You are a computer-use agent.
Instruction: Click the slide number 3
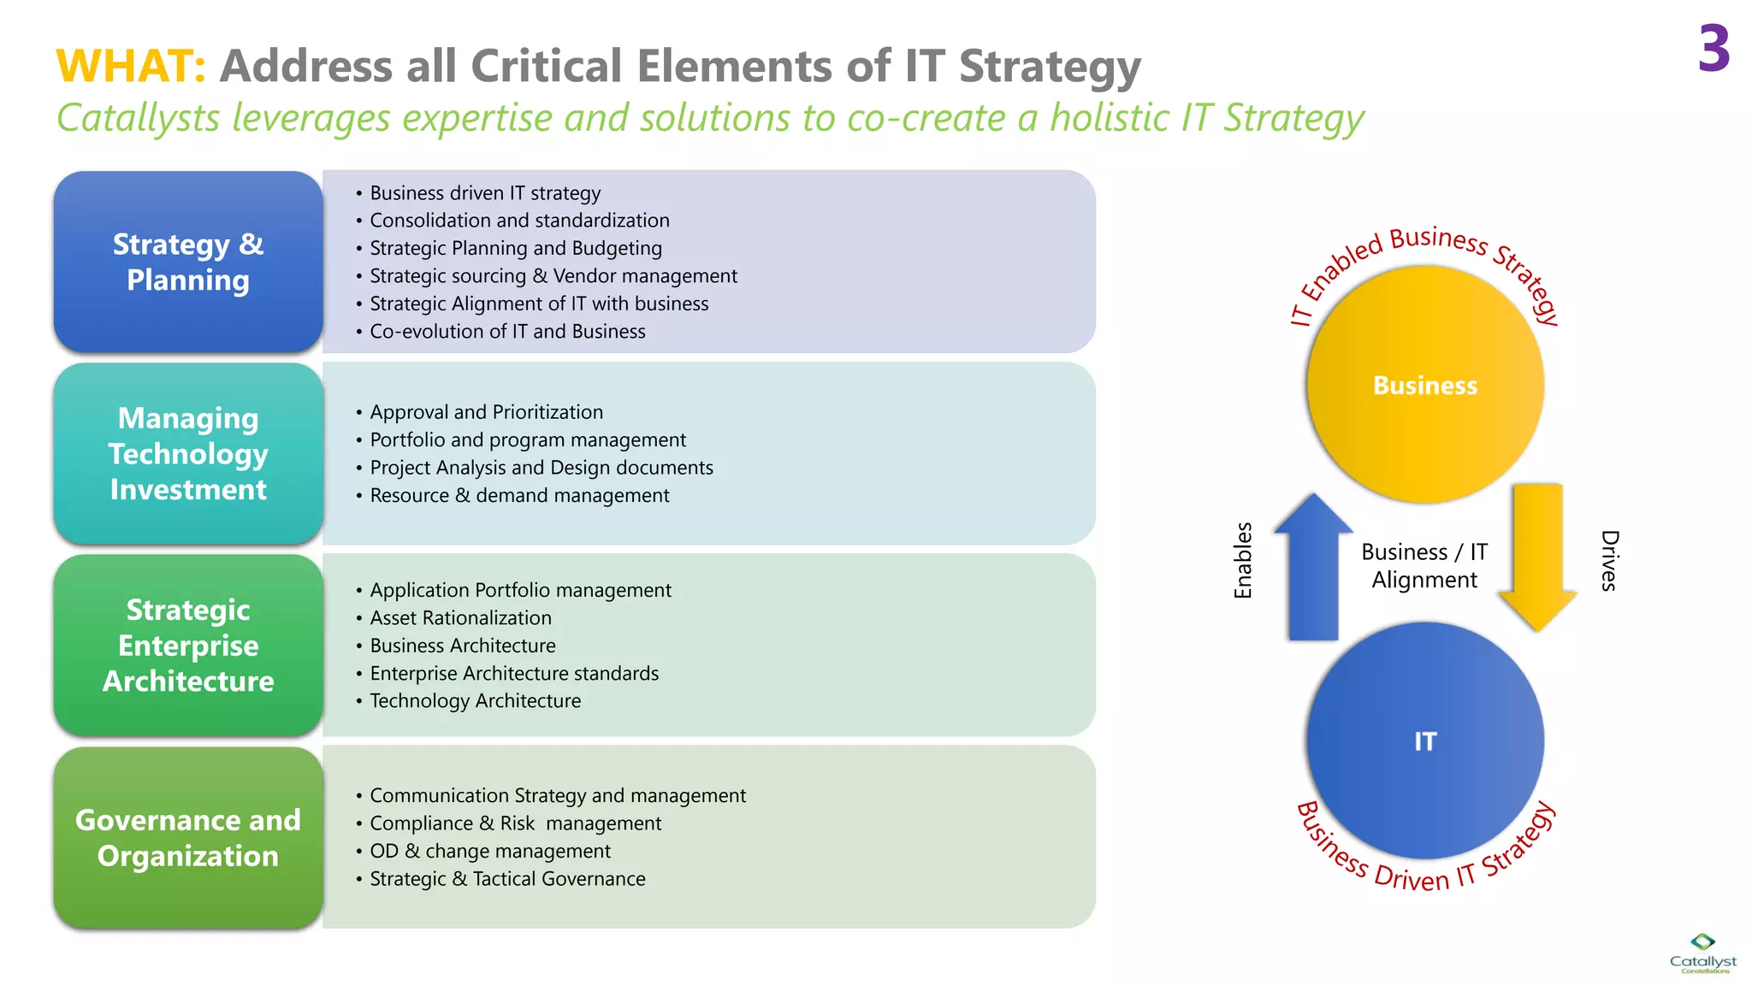pos(1714,49)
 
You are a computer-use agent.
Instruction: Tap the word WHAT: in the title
pos(131,66)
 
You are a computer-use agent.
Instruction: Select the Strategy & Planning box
pos(188,262)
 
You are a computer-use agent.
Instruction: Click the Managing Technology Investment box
pos(188,453)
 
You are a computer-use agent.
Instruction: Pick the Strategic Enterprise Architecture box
pos(188,646)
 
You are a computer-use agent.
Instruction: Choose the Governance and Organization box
pos(188,838)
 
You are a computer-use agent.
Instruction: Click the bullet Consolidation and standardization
pos(519,221)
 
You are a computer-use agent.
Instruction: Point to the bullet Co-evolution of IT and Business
pos(507,332)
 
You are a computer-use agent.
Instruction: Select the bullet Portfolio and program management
pos(528,440)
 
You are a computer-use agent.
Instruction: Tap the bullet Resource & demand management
pos(519,496)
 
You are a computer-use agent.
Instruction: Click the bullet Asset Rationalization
pos(460,618)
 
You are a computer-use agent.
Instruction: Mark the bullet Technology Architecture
pos(475,701)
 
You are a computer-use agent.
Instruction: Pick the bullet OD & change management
pos(490,852)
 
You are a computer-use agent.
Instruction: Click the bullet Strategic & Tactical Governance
pos(507,879)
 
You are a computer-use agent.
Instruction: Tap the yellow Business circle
pos(1425,385)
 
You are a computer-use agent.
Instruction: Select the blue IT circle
pos(1425,740)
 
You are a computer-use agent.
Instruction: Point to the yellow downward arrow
pos(1537,556)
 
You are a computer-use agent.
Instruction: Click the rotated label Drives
pos(1609,560)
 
